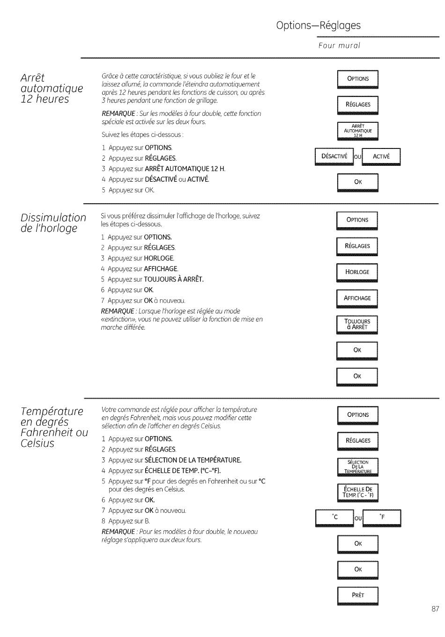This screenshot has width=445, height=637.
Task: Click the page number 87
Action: (x=435, y=609)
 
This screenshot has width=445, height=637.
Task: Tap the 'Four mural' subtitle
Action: (x=339, y=45)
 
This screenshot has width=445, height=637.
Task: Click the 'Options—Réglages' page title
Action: (x=318, y=26)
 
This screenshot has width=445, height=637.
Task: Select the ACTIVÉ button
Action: (x=381, y=157)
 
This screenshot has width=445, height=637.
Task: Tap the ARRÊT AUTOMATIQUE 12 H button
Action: (x=358, y=131)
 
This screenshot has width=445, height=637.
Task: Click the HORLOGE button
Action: (x=357, y=273)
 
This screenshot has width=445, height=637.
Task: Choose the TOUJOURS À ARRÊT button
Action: (x=357, y=325)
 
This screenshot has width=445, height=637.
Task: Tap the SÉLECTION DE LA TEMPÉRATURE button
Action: (x=358, y=467)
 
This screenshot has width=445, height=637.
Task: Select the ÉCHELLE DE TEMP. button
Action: (x=358, y=493)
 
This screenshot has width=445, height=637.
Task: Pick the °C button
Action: (x=334, y=518)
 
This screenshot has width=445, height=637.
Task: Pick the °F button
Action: (x=382, y=518)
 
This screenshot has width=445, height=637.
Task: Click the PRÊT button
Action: (x=358, y=596)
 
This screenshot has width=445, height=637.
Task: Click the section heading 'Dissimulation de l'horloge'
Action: (x=53, y=223)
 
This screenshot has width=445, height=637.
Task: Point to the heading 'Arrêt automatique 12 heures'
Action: (x=52, y=89)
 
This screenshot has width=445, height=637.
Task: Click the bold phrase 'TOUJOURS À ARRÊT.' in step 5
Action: (x=174, y=280)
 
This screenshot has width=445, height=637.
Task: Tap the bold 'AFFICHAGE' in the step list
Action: (x=161, y=269)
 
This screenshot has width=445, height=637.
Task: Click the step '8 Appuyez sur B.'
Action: (x=126, y=521)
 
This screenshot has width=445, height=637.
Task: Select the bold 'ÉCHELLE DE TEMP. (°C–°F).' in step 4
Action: (x=183, y=471)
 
